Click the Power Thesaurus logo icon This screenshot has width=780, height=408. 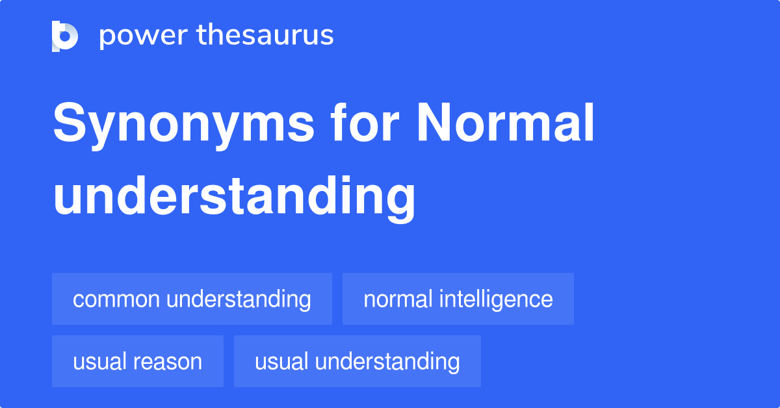point(65,36)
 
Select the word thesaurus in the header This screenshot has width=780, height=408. point(265,35)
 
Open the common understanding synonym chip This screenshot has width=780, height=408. point(192,299)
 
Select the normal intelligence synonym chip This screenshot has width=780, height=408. point(458,299)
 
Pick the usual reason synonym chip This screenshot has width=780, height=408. point(138,361)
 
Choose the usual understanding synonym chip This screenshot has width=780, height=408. point(357,361)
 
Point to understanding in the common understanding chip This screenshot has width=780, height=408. point(239,300)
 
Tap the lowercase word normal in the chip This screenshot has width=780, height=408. point(398,300)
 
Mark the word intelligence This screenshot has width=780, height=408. point(496,300)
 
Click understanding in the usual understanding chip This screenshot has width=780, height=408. point(389,362)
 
